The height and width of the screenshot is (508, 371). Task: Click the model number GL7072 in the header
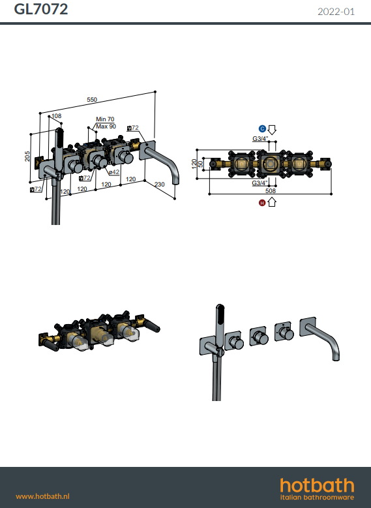point(41,9)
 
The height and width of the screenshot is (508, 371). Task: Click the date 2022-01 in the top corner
point(336,12)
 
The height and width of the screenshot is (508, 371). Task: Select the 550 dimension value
point(92,100)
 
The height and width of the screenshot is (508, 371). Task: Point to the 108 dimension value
point(56,115)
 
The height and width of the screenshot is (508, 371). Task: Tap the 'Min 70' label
point(105,119)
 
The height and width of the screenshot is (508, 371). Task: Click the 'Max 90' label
point(106,127)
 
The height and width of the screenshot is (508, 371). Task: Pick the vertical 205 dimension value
point(27,156)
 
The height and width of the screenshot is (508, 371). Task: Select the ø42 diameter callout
point(114,172)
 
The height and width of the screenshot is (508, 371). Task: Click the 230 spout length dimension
point(159,185)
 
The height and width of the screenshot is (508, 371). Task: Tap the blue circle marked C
point(262,128)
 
